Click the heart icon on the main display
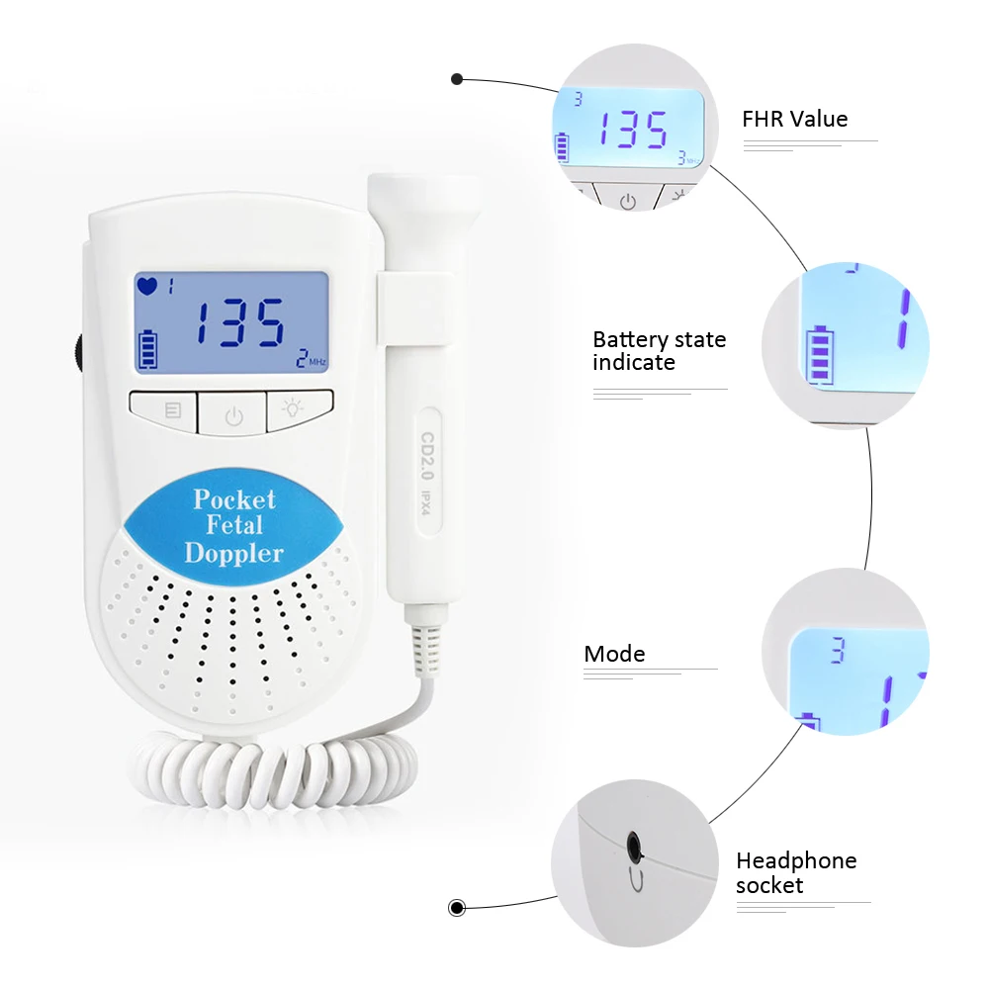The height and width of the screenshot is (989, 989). pyautogui.click(x=146, y=287)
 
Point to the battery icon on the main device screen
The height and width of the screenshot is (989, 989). pyautogui.click(x=148, y=349)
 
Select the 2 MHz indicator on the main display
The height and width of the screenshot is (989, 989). pyautogui.click(x=311, y=360)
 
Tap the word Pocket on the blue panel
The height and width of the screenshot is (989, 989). pyautogui.click(x=234, y=498)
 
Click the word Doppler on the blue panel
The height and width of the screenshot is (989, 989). pyautogui.click(x=233, y=552)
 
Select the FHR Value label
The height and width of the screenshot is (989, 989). pyautogui.click(x=794, y=120)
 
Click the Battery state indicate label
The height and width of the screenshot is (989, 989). pyautogui.click(x=659, y=351)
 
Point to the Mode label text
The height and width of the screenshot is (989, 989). pyautogui.click(x=614, y=654)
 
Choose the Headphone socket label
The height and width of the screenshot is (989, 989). pyautogui.click(x=795, y=872)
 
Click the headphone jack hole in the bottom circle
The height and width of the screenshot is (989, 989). pyautogui.click(x=633, y=844)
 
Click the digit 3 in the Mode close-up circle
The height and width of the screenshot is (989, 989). pyautogui.click(x=838, y=650)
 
